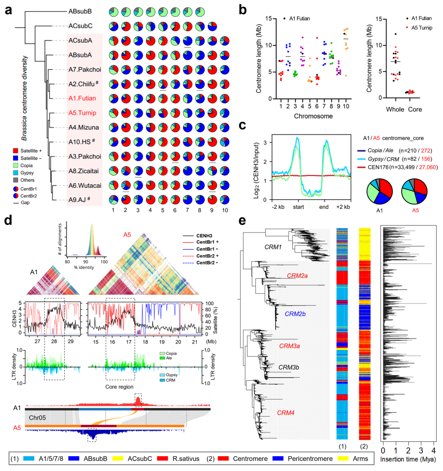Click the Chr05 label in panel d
click(39, 417)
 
